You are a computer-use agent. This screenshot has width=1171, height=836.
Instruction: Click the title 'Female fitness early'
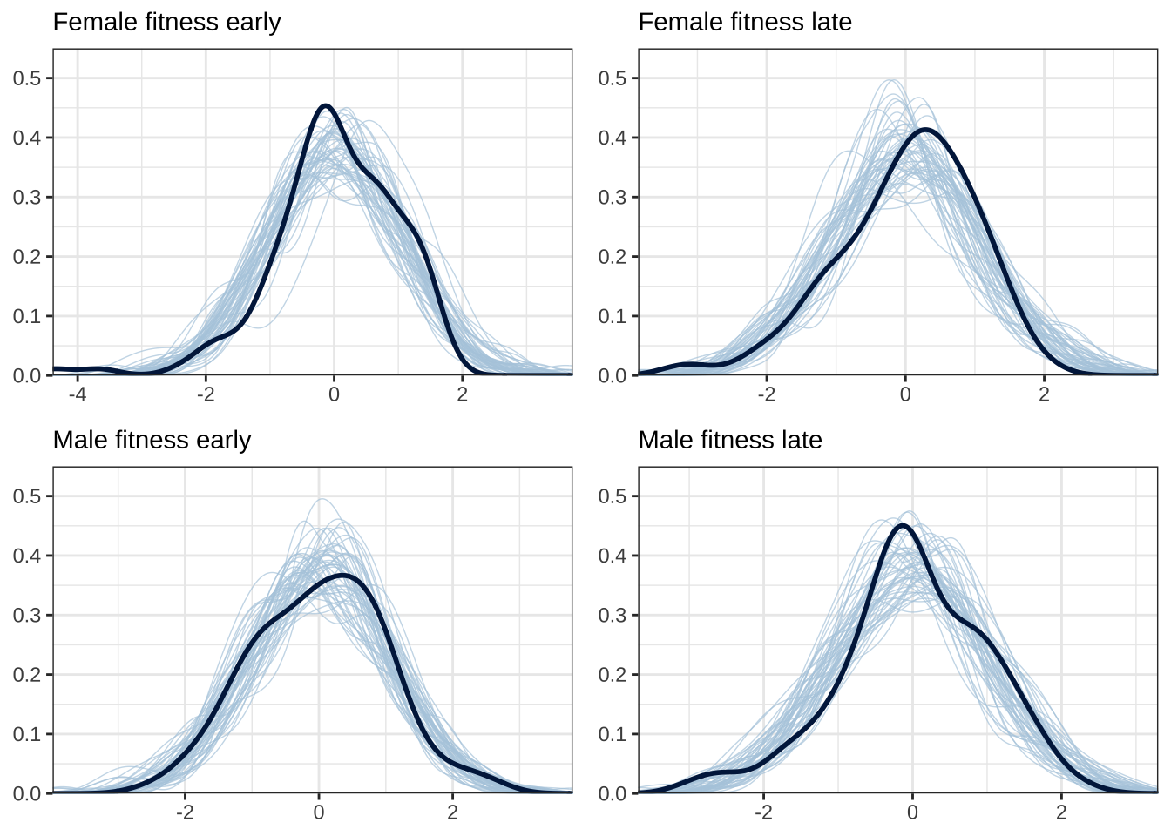pyautogui.click(x=166, y=22)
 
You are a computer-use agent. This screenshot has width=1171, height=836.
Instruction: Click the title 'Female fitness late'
pyautogui.click(x=745, y=22)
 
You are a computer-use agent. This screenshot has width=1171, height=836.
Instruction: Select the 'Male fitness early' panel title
pyautogui.click(x=152, y=440)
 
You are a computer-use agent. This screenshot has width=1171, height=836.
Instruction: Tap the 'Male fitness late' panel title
pyautogui.click(x=730, y=440)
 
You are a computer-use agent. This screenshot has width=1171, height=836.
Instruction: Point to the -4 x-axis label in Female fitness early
pyautogui.click(x=78, y=394)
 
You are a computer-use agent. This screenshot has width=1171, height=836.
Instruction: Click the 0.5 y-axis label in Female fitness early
pyautogui.click(x=27, y=78)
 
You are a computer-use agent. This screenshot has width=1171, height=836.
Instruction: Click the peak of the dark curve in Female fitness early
pyautogui.click(x=326, y=105)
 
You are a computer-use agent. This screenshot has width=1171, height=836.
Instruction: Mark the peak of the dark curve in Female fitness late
pyautogui.click(x=924, y=130)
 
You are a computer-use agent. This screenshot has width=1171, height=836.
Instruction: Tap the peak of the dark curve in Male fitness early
pyautogui.click(x=343, y=576)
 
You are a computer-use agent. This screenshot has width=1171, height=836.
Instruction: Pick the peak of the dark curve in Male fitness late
pyautogui.click(x=903, y=525)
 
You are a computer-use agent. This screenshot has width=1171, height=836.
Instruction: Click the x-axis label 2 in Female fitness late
pyautogui.click(x=1044, y=394)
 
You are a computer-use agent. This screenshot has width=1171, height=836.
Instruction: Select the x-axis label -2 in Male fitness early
pyautogui.click(x=185, y=812)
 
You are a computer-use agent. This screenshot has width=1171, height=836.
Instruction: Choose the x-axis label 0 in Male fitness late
pyautogui.click(x=912, y=812)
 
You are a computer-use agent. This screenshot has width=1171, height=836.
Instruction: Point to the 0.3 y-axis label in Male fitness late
pyautogui.click(x=613, y=615)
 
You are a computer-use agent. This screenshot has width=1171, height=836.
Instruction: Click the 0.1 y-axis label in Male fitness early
pyautogui.click(x=27, y=734)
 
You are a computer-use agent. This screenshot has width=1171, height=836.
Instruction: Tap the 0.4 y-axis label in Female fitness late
pyautogui.click(x=613, y=138)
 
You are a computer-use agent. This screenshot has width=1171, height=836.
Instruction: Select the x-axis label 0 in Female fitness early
pyautogui.click(x=334, y=394)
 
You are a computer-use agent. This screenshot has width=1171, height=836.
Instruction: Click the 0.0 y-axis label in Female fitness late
pyautogui.click(x=613, y=375)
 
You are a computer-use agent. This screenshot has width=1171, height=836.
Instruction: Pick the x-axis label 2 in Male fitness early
pyautogui.click(x=452, y=812)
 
